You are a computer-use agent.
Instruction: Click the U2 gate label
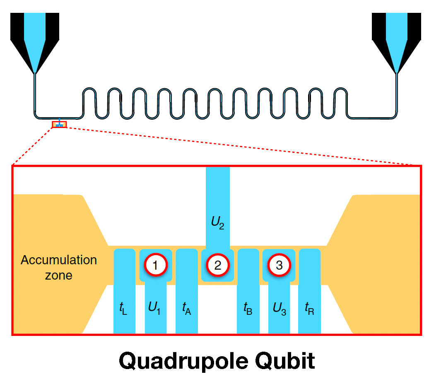pyautogui.click(x=218, y=226)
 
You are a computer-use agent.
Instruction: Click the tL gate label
pyautogui.click(x=123, y=309)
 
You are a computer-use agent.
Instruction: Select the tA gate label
pyautogui.click(x=187, y=309)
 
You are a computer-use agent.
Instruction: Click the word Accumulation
pyautogui.click(x=59, y=260)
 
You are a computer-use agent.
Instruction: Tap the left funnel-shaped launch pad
pyautogui.click(x=35, y=37)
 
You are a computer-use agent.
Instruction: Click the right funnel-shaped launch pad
pyautogui.click(x=396, y=37)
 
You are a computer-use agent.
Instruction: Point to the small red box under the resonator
pyautogui.click(x=59, y=124)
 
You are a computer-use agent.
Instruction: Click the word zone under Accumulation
pyautogui.click(x=58, y=275)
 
